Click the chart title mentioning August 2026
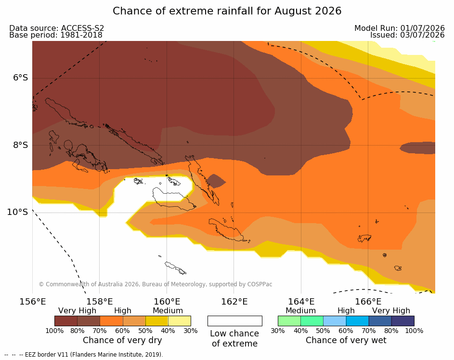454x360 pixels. [x=227, y=11]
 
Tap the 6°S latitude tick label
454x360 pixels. [x=21, y=78]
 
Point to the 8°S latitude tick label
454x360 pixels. [x=21, y=145]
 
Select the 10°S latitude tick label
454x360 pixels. [x=18, y=212]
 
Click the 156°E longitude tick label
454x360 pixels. [x=32, y=302]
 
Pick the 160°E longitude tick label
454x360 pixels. [x=167, y=302]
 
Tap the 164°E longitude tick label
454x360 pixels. [x=301, y=302]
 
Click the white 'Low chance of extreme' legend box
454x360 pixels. [x=235, y=321]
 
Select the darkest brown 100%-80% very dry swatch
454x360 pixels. [x=66, y=321]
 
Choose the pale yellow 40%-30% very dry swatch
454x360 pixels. [x=180, y=321]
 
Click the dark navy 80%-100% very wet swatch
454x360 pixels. [x=403, y=321]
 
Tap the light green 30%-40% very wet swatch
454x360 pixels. [x=289, y=321]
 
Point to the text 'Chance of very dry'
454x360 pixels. [x=122, y=340]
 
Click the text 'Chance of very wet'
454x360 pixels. [x=346, y=340]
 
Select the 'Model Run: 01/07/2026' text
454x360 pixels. [x=400, y=28]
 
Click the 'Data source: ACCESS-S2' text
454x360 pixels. [x=57, y=28]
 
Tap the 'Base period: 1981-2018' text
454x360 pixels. [x=56, y=35]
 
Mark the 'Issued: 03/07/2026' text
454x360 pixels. [x=407, y=35]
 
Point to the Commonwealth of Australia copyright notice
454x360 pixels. [x=156, y=284]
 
